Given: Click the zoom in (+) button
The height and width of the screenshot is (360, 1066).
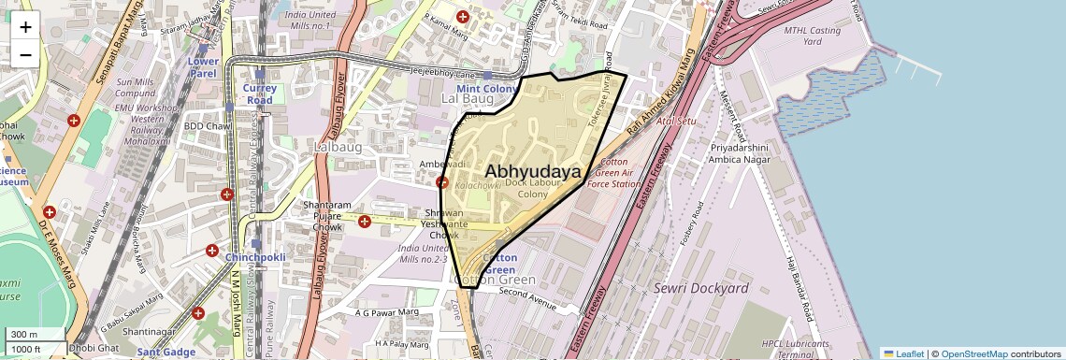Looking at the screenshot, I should pos(25,27).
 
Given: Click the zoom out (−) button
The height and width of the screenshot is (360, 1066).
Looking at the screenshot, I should pos(25,54).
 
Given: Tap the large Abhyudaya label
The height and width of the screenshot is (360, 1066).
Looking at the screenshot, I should pos(532,172).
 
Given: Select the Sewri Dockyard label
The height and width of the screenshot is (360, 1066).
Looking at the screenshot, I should pos(700,288).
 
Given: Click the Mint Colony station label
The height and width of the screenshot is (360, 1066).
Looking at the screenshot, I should pos(486,88).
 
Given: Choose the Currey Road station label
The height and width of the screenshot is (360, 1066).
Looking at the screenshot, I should pos(259,94).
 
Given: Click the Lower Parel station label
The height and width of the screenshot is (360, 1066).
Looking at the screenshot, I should pos(203,67).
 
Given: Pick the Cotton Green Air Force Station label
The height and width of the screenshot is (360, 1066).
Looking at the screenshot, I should pos(613,172).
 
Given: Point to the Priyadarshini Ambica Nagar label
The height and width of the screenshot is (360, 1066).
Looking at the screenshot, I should pos(740,153).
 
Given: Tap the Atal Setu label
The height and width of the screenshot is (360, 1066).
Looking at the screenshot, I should pos(676,122).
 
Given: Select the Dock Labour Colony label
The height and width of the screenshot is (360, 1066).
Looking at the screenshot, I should pos(526,189).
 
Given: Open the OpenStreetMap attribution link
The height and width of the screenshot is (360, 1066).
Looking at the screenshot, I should pos(973,353).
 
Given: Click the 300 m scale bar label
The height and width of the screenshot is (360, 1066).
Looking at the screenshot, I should pos(24,335).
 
